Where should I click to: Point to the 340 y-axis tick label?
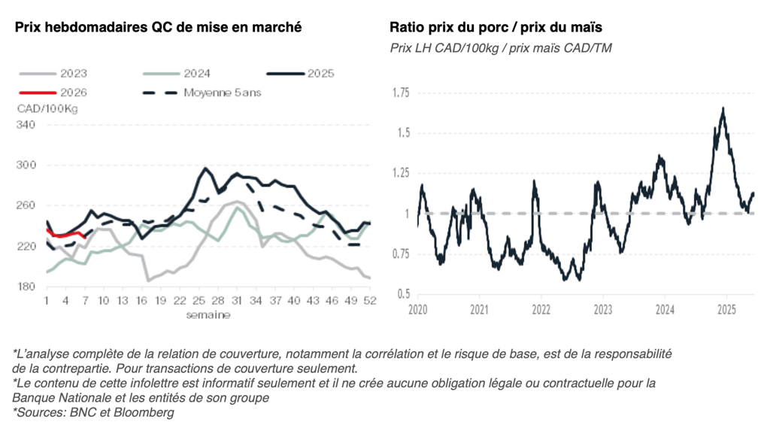[26, 125]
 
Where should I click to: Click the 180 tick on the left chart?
[26, 287]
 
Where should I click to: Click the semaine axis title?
[208, 314]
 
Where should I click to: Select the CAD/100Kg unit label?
[47, 108]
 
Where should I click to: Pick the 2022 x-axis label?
[541, 309]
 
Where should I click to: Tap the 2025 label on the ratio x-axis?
[726, 309]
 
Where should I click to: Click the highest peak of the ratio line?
[723, 108]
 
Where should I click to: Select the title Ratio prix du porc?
[496, 28]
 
